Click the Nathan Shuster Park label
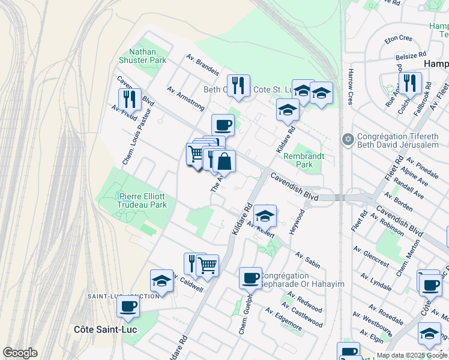[143, 56]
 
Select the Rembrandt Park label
[304, 160]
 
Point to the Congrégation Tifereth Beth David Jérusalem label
[399, 140]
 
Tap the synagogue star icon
[347, 140]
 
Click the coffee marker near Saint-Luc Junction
[128, 306]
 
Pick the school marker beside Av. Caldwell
[161, 280]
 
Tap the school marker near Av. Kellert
[265, 215]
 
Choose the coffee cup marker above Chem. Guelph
[250, 277]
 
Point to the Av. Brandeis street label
[202, 65]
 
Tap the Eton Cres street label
[399, 38]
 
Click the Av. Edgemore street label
[284, 319]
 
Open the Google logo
[20, 353]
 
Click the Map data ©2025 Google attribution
[412, 355]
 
